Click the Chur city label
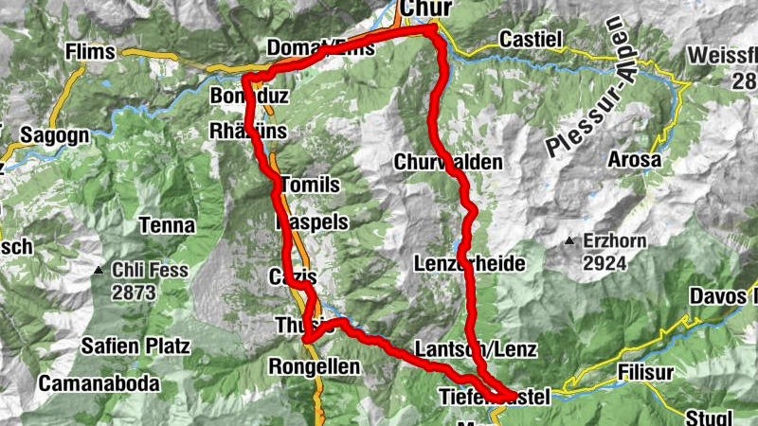tap(426, 9)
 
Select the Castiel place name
tap(531, 40)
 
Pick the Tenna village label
tap(166, 225)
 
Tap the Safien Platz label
tap(135, 344)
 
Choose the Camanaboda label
tap(99, 384)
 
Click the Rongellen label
tap(314, 366)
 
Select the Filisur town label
tap(648, 372)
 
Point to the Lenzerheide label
tap(469, 263)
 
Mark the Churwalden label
tap(448, 162)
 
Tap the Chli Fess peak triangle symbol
tap(99, 272)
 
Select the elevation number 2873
tap(133, 293)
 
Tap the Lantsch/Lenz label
tap(477, 349)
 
